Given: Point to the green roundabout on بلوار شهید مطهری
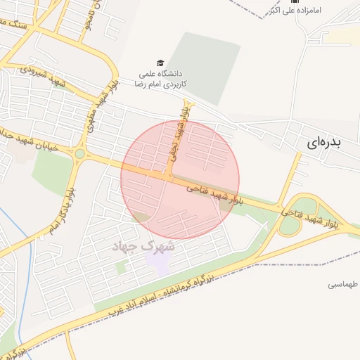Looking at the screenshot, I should coord(79,153).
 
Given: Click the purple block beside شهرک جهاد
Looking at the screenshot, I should coord(158,263).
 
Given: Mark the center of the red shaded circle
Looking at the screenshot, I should coord(180,179).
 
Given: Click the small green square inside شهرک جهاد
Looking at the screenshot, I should coord(120,268).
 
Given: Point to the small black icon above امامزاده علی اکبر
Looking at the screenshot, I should coord(275,1).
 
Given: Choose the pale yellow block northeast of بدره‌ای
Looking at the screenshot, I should coord(344,37).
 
